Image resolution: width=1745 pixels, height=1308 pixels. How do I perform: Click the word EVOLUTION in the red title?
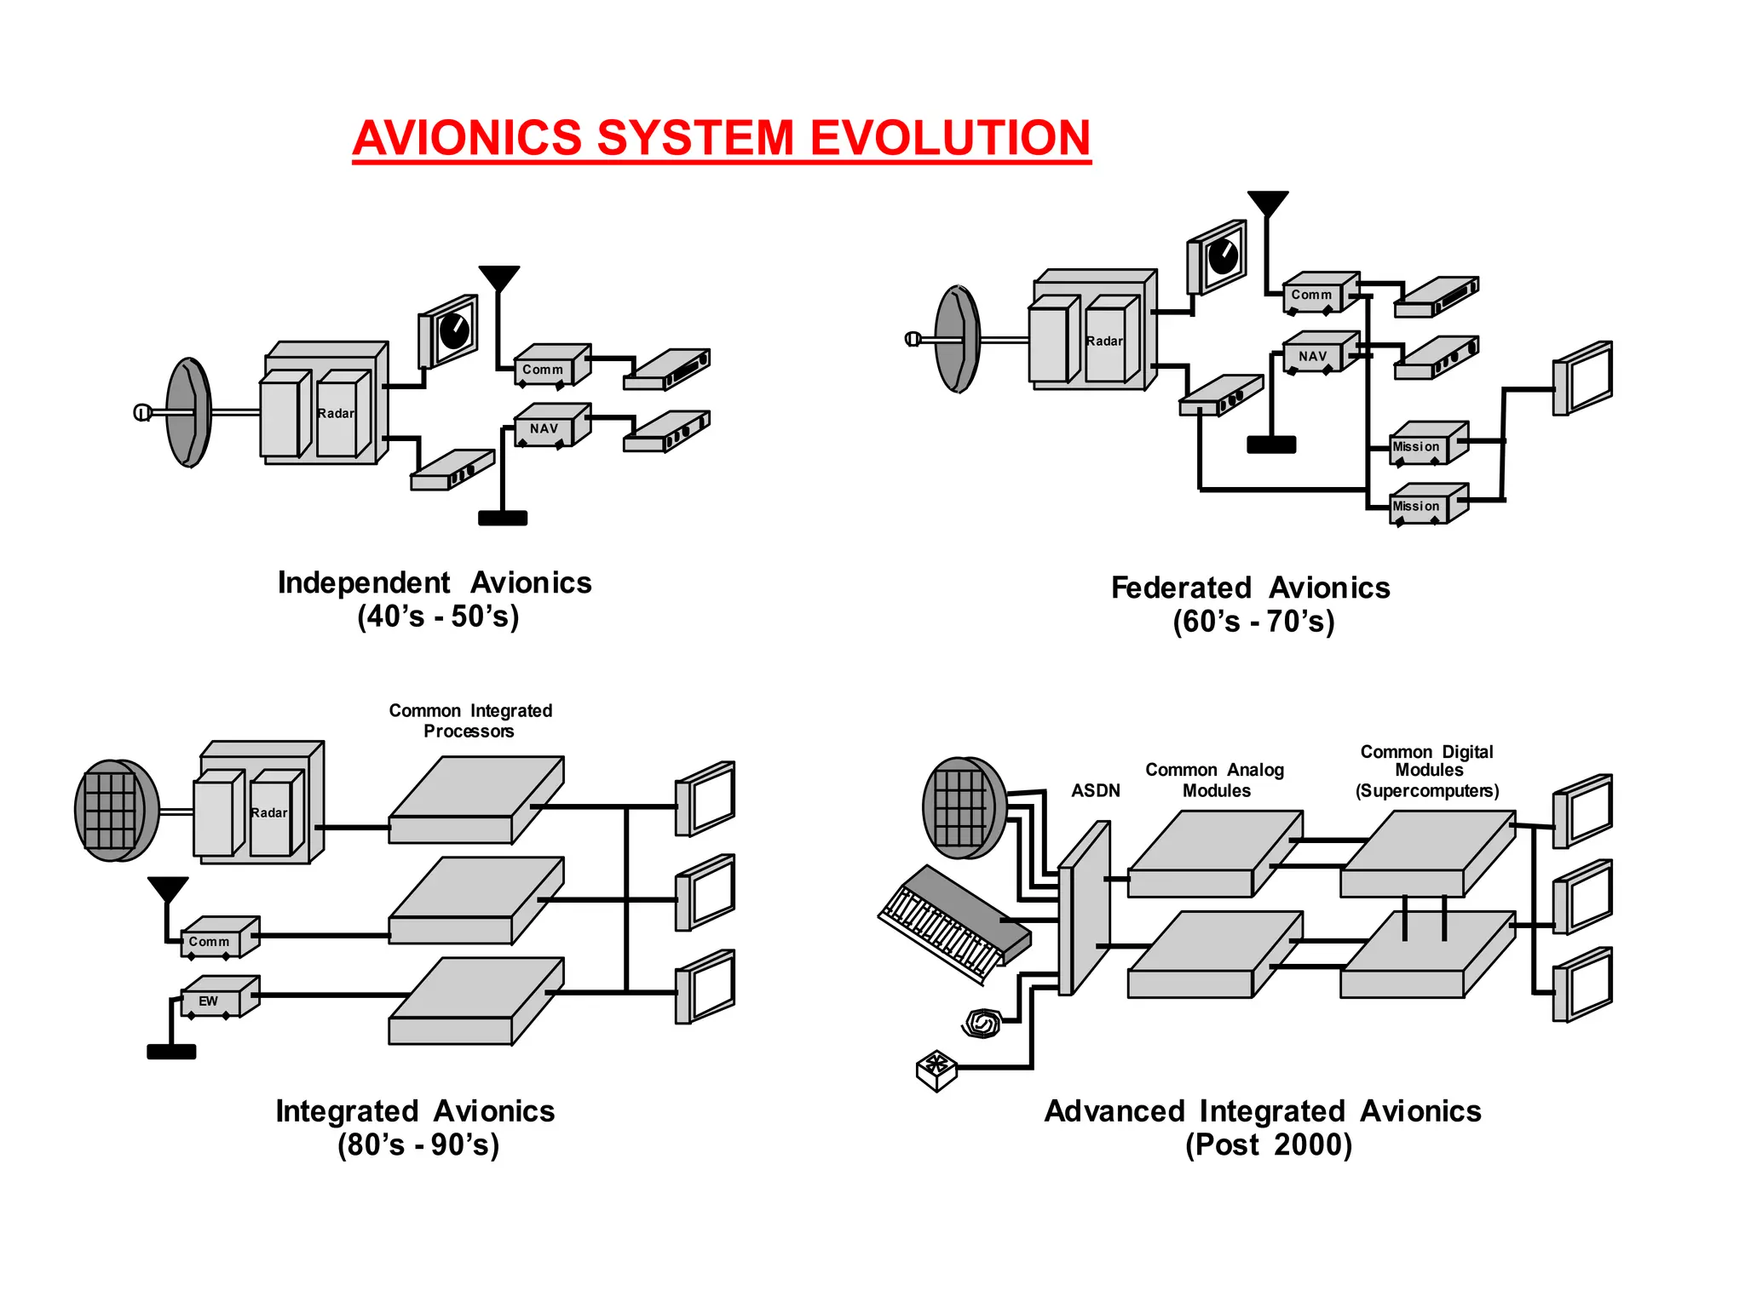pyautogui.click(x=949, y=138)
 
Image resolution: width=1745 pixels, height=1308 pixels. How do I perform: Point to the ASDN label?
pyautogui.click(x=1096, y=790)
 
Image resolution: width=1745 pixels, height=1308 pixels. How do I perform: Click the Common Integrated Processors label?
pyautogui.click(x=470, y=720)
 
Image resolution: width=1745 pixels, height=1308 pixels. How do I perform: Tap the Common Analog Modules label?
pyautogui.click(x=1215, y=780)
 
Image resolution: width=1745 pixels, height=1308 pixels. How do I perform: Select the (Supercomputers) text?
pyautogui.click(x=1427, y=791)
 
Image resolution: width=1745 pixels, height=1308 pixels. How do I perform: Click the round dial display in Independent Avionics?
pyautogui.click(x=452, y=330)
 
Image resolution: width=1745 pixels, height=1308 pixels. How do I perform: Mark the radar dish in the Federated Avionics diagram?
pyautogui.click(x=958, y=339)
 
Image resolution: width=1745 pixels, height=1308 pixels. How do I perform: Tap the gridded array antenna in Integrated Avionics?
pyautogui.click(x=115, y=810)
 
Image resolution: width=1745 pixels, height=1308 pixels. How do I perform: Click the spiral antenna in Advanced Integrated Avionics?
pyautogui.click(x=982, y=1023)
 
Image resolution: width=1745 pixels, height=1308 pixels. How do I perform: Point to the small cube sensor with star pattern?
pyautogui.click(x=936, y=1070)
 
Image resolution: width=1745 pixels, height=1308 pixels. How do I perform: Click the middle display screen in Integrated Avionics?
pyautogui.click(x=707, y=892)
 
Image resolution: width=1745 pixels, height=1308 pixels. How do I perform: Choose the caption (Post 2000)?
pyautogui.click(x=1269, y=1144)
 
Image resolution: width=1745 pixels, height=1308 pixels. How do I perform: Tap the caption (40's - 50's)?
pyautogui.click(x=438, y=616)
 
